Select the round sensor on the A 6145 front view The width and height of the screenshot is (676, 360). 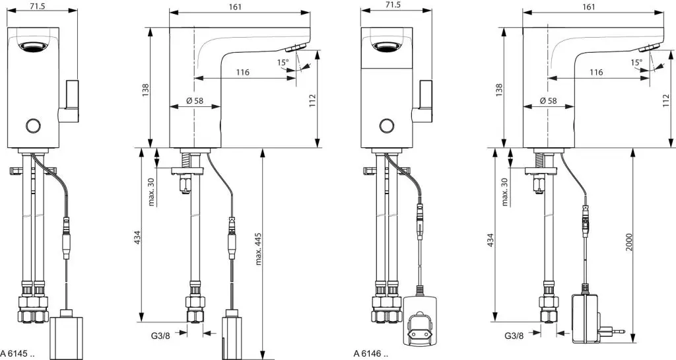pos(32,125)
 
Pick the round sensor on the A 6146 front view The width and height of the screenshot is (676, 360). pos(386,125)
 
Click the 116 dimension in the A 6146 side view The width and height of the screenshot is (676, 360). pos(596,72)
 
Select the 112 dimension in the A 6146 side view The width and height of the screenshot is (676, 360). pos(665,98)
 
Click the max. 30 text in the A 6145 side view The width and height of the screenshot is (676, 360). pos(151,191)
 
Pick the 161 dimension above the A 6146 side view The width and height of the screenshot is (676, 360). pos(590,6)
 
